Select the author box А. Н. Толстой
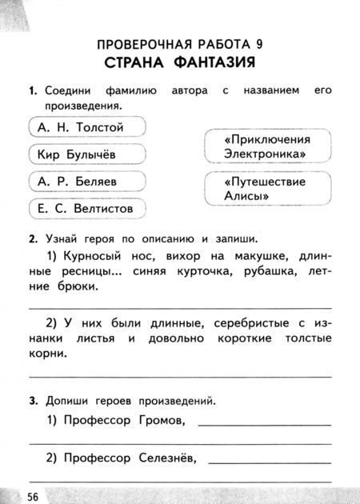(86, 127)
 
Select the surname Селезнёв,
(170, 458)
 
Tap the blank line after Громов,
(263, 423)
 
